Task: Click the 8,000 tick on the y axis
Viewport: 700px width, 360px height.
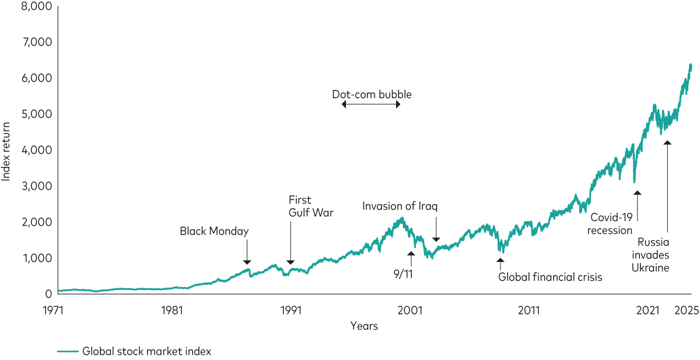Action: (35, 6)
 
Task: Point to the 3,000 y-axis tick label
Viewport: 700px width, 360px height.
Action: (35, 186)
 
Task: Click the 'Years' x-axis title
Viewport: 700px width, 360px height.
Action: (364, 326)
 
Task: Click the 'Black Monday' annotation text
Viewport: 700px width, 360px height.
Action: (214, 231)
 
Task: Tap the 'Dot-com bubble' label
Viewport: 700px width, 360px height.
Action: (372, 94)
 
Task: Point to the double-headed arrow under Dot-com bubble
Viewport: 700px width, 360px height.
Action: (372, 104)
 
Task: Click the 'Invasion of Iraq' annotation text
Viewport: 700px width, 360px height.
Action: (400, 206)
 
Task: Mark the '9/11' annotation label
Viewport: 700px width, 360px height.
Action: (403, 274)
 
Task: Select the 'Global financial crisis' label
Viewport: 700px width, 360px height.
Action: (549, 277)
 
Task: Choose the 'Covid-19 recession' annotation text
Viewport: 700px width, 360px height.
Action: (611, 224)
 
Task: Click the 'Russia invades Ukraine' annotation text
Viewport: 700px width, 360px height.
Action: (653, 254)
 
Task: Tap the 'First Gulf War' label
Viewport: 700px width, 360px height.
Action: (311, 207)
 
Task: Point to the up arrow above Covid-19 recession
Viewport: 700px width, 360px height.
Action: (637, 204)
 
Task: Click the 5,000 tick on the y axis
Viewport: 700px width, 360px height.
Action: (35, 114)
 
